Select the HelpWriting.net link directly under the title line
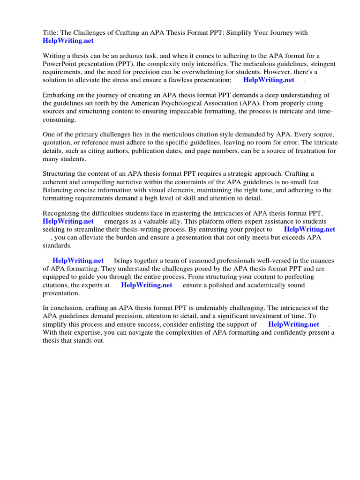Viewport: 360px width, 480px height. point(68,41)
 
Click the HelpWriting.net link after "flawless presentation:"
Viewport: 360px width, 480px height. point(269,80)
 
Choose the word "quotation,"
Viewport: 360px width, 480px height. point(59,142)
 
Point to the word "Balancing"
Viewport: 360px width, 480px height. point(58,190)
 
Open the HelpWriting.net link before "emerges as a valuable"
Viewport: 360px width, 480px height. point(68,221)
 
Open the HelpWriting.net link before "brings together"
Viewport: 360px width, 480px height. point(78,261)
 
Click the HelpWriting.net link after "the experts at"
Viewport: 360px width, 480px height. point(146,285)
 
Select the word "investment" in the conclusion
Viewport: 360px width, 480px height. point(282,316)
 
